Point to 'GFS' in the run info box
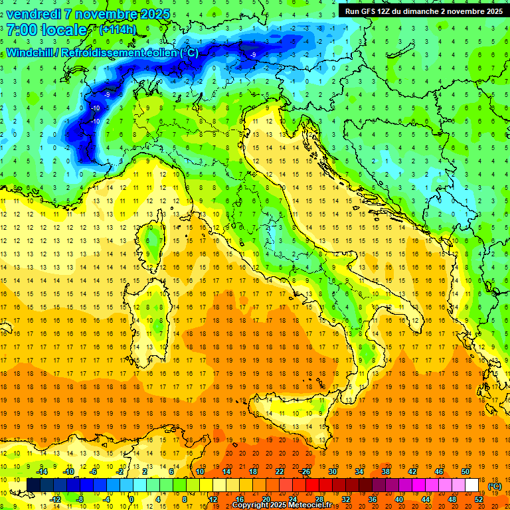coord(365,11)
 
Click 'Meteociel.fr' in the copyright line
coord(315,505)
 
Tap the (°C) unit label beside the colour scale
coord(495,486)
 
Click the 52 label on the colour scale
coord(479,499)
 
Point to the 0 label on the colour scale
coord(131,499)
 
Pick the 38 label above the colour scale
coord(386,471)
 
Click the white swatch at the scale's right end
coord(471,485)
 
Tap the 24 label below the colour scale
coord(292,499)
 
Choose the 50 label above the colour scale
coord(465,471)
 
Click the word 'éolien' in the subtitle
coord(158,52)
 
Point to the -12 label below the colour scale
coord(55,499)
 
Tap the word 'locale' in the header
coord(64,30)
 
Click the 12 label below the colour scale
coord(212,499)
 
